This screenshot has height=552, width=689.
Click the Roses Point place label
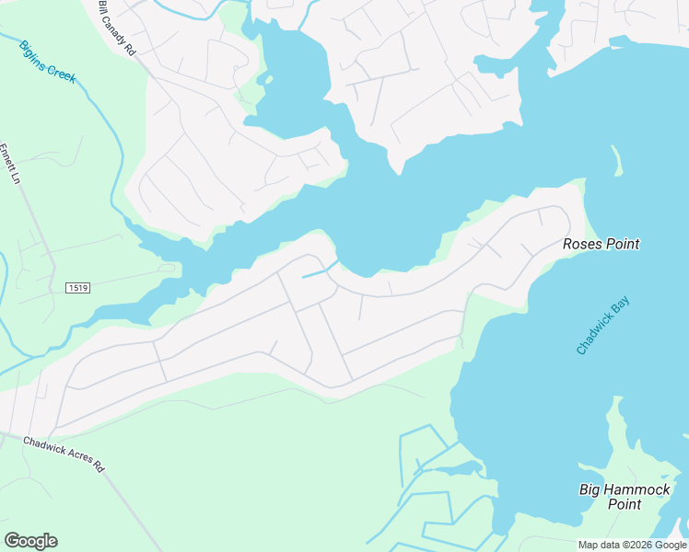(x=601, y=244)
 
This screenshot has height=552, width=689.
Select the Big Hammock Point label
(x=625, y=497)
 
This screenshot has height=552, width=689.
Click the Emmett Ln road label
(x=9, y=164)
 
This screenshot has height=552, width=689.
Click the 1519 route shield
(x=77, y=288)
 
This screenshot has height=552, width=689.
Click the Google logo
(x=30, y=541)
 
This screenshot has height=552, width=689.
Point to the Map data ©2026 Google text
(x=631, y=545)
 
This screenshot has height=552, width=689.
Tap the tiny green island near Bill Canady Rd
(x=268, y=79)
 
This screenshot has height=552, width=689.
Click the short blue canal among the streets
(x=319, y=270)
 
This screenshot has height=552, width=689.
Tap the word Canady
(x=115, y=28)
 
